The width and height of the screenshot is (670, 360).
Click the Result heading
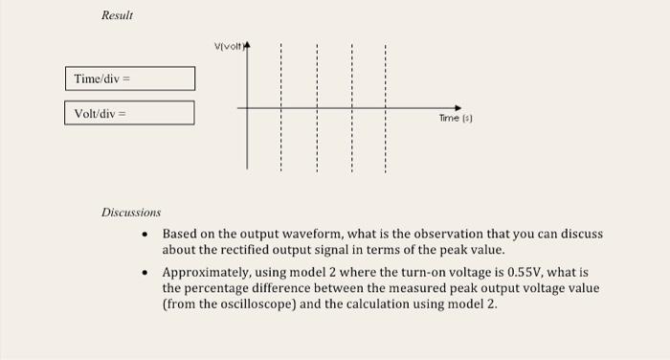click(118, 16)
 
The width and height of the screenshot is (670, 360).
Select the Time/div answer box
click(129, 78)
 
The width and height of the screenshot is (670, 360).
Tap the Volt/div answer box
click(129, 113)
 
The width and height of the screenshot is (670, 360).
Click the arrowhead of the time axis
click(458, 108)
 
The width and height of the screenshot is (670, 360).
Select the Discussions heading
click(131, 212)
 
